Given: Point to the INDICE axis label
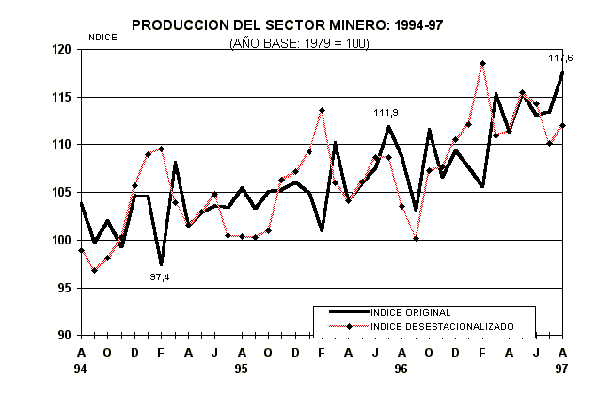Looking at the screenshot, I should tap(101, 38).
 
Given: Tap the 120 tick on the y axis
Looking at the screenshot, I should tap(62, 50).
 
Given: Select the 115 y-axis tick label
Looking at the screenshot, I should tap(62, 98).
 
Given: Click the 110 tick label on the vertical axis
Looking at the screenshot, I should tap(62, 145).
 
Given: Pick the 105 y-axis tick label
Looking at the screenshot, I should tap(62, 193).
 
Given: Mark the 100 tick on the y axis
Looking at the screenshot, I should tap(62, 241).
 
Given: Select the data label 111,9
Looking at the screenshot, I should tap(386, 113).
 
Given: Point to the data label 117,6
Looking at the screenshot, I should tap(561, 58).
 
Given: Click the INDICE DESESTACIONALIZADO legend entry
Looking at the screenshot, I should tap(442, 326).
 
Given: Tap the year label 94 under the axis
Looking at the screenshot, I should tap(81, 369).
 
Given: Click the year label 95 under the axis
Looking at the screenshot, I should tap(242, 369).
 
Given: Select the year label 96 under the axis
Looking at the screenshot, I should tap(401, 369).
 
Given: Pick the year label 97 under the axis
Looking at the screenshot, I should tap(562, 369).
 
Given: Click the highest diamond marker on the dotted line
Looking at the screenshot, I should tap(482, 64).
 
